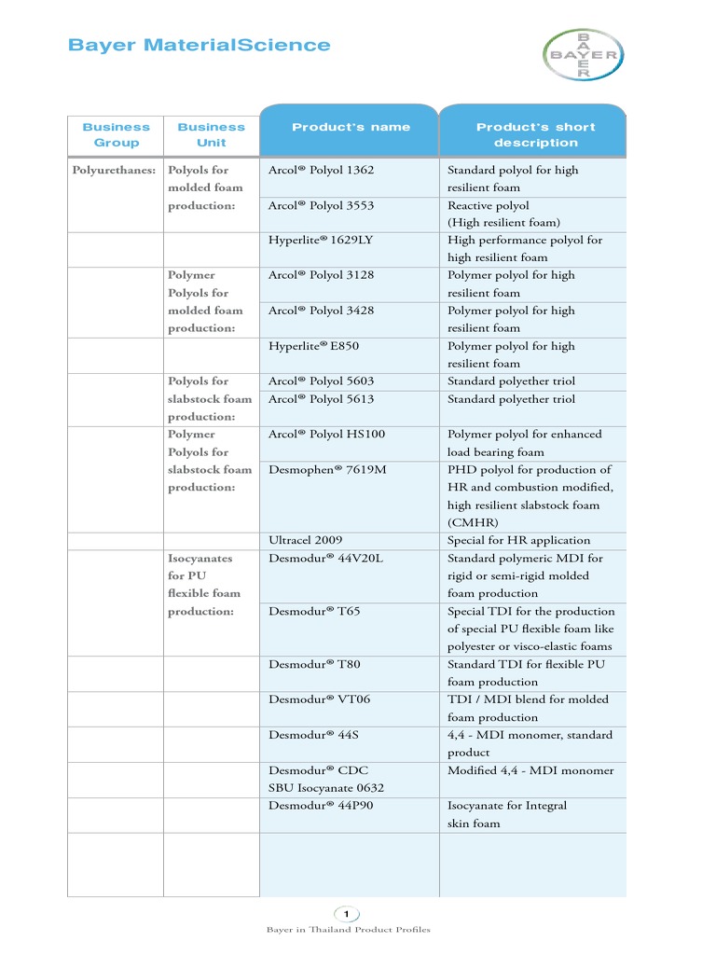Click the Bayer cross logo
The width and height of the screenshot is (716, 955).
click(583, 55)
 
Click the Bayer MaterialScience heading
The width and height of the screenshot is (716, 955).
click(200, 45)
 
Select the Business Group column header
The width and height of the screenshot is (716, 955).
click(116, 134)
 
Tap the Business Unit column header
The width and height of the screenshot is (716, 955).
click(211, 134)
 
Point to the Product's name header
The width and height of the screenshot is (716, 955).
click(351, 127)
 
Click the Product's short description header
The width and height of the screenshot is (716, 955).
click(535, 134)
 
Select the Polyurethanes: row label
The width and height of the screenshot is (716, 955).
click(114, 170)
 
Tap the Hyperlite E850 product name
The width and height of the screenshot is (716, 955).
click(313, 346)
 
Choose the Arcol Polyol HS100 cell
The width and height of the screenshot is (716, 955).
click(326, 434)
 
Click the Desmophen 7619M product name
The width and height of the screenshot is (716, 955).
click(327, 469)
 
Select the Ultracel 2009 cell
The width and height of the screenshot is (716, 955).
click(305, 540)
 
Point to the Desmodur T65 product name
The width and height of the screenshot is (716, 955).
click(313, 611)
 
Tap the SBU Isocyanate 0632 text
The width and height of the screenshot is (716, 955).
click(326, 788)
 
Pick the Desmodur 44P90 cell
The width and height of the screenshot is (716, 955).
click(321, 805)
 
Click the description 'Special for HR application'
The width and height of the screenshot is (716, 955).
click(518, 540)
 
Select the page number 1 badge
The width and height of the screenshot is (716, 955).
click(346, 913)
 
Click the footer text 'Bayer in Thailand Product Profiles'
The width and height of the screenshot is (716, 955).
click(348, 930)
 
